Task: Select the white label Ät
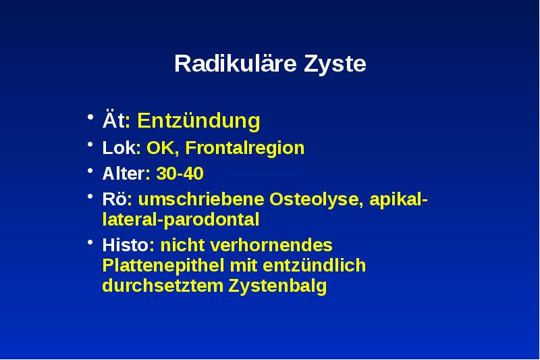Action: [112, 121]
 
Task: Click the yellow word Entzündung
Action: [198, 121]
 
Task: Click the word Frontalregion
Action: [244, 148]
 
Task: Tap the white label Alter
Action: [123, 174]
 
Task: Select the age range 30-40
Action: [180, 174]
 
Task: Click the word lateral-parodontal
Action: [181, 220]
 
